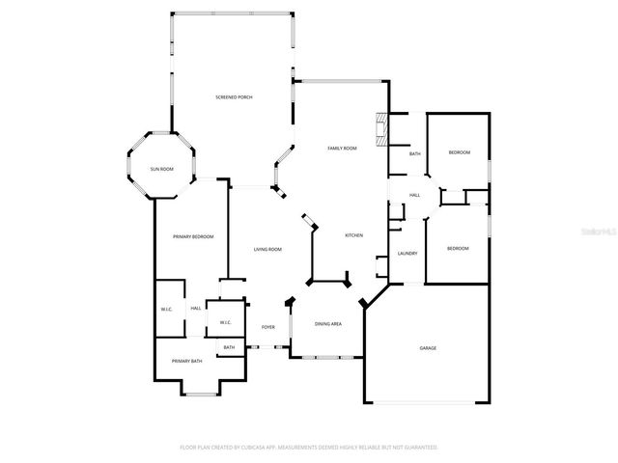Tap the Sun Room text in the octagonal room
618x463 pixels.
point(161,169)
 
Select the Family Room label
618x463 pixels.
point(342,148)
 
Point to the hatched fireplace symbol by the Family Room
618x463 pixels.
point(380,128)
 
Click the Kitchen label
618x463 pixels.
point(354,235)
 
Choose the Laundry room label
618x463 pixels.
point(407,254)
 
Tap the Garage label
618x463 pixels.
point(428,347)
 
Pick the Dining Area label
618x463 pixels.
point(328,323)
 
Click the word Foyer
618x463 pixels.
point(268,327)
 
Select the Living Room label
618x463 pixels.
point(267,250)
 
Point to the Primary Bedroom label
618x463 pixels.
point(193,236)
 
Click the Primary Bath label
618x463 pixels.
point(187,361)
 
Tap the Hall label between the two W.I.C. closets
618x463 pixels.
point(196,308)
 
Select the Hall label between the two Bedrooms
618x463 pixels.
point(414,195)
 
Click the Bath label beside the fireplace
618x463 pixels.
point(415,154)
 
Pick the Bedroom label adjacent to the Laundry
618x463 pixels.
point(458,249)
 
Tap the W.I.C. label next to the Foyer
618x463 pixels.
point(225,322)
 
